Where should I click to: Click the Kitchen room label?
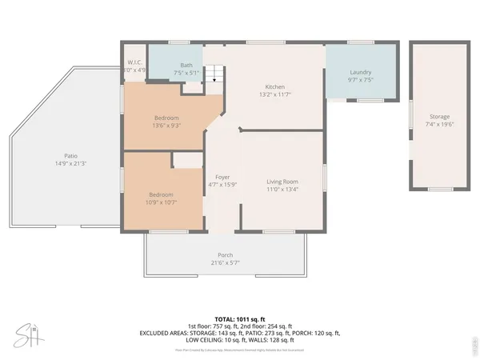275,87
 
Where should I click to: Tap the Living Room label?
282,182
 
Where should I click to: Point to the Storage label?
438,117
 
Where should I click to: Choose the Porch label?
225,255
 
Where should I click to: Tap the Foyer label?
222,177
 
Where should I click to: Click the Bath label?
186,66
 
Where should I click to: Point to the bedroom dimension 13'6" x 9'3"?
166,125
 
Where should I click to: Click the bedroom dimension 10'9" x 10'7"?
162,202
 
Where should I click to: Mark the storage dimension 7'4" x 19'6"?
438,125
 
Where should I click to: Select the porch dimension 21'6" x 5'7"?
225,262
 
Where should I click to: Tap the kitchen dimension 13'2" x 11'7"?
275,95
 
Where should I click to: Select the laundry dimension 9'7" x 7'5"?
361,79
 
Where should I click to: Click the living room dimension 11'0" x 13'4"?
282,190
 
